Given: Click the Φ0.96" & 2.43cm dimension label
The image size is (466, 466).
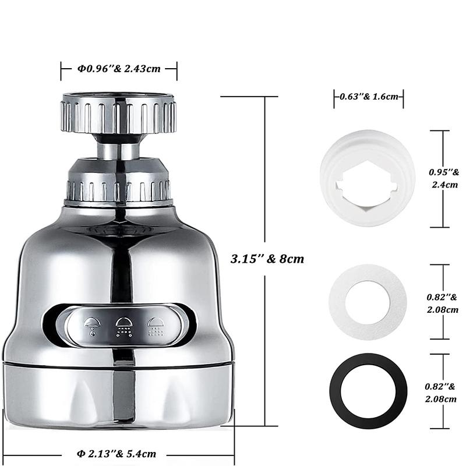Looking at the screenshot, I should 119,69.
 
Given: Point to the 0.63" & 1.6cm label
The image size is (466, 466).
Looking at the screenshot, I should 368,97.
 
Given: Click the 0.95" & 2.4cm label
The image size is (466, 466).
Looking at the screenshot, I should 444,178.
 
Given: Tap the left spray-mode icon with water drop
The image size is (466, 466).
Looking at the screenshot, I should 92,325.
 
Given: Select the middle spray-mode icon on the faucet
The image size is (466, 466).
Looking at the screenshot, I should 123,325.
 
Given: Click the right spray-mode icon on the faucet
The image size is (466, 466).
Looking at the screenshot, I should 155,325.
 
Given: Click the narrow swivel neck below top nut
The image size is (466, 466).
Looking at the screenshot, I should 118,148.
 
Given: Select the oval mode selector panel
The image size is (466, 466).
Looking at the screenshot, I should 123,324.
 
